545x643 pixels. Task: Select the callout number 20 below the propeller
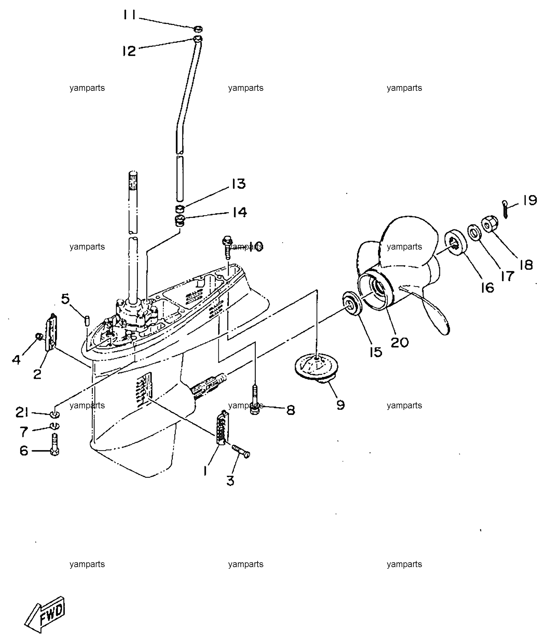[400, 342]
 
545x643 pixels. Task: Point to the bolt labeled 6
[54, 444]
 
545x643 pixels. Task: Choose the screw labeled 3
[241, 451]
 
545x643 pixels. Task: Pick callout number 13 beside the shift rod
[239, 184]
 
